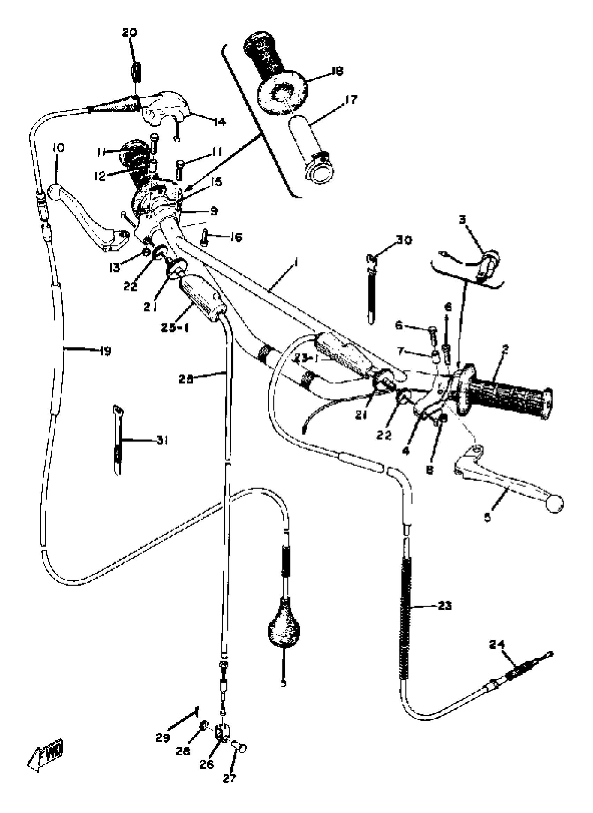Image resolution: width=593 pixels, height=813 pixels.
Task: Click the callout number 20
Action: (x=129, y=33)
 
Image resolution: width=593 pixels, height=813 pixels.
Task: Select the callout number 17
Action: (x=351, y=99)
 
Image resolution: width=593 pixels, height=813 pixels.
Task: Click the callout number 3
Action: (x=462, y=220)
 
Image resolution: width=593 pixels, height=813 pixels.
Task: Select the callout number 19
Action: (x=106, y=351)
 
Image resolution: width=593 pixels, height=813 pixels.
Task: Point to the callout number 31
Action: (x=162, y=440)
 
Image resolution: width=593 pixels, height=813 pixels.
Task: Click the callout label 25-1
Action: (x=174, y=328)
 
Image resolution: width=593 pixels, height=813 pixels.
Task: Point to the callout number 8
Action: (x=430, y=470)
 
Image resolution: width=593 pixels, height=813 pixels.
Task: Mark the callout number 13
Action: (x=115, y=268)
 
